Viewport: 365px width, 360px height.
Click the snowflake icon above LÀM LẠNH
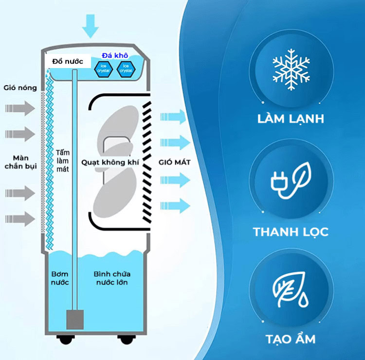pyautogui.click(x=291, y=70)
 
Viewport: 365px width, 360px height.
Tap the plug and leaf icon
pyautogui.click(x=291, y=180)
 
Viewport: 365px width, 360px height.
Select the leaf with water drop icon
pyautogui.click(x=291, y=289)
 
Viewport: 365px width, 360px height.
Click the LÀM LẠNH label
pyautogui.click(x=291, y=119)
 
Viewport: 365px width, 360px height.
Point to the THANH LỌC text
pyautogui.click(x=291, y=232)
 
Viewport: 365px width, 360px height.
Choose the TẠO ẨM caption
pyautogui.click(x=291, y=338)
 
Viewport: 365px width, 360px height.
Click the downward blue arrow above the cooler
pyautogui.click(x=91, y=26)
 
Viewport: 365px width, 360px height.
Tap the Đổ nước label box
pyautogui.click(x=68, y=61)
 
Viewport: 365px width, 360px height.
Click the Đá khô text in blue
pyautogui.click(x=115, y=55)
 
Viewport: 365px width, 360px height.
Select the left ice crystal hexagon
pyautogui.click(x=103, y=69)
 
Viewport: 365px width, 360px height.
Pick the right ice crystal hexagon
pyautogui.click(x=126, y=69)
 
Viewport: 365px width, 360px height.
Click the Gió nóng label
pyautogui.click(x=20, y=88)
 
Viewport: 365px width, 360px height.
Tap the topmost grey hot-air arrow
pyautogui.click(x=20, y=108)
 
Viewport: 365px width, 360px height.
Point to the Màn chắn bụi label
pyautogui.click(x=21, y=162)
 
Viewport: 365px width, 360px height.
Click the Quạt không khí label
pyautogui.click(x=110, y=162)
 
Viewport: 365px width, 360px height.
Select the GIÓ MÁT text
pyautogui.click(x=175, y=162)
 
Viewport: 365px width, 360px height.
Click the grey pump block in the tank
pyautogui.click(x=75, y=319)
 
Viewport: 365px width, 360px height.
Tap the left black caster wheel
pyautogui.click(x=66, y=339)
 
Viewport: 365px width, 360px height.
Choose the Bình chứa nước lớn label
pyautogui.click(x=112, y=278)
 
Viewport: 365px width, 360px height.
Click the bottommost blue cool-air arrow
pyautogui.click(x=175, y=206)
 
